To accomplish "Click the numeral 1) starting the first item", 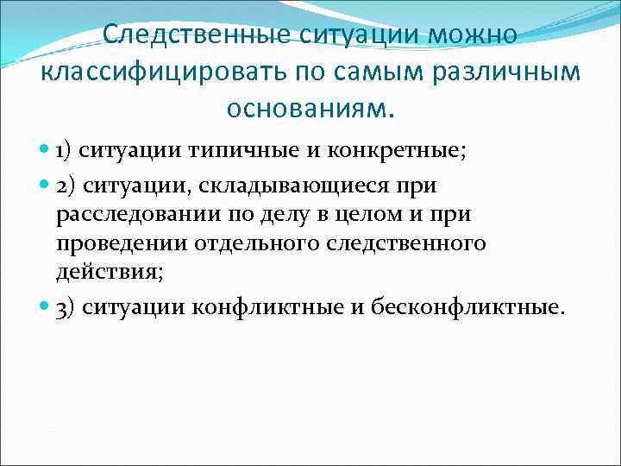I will click(x=66, y=152).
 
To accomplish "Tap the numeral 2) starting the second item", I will click(x=66, y=186).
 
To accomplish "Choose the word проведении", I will click(x=120, y=243).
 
